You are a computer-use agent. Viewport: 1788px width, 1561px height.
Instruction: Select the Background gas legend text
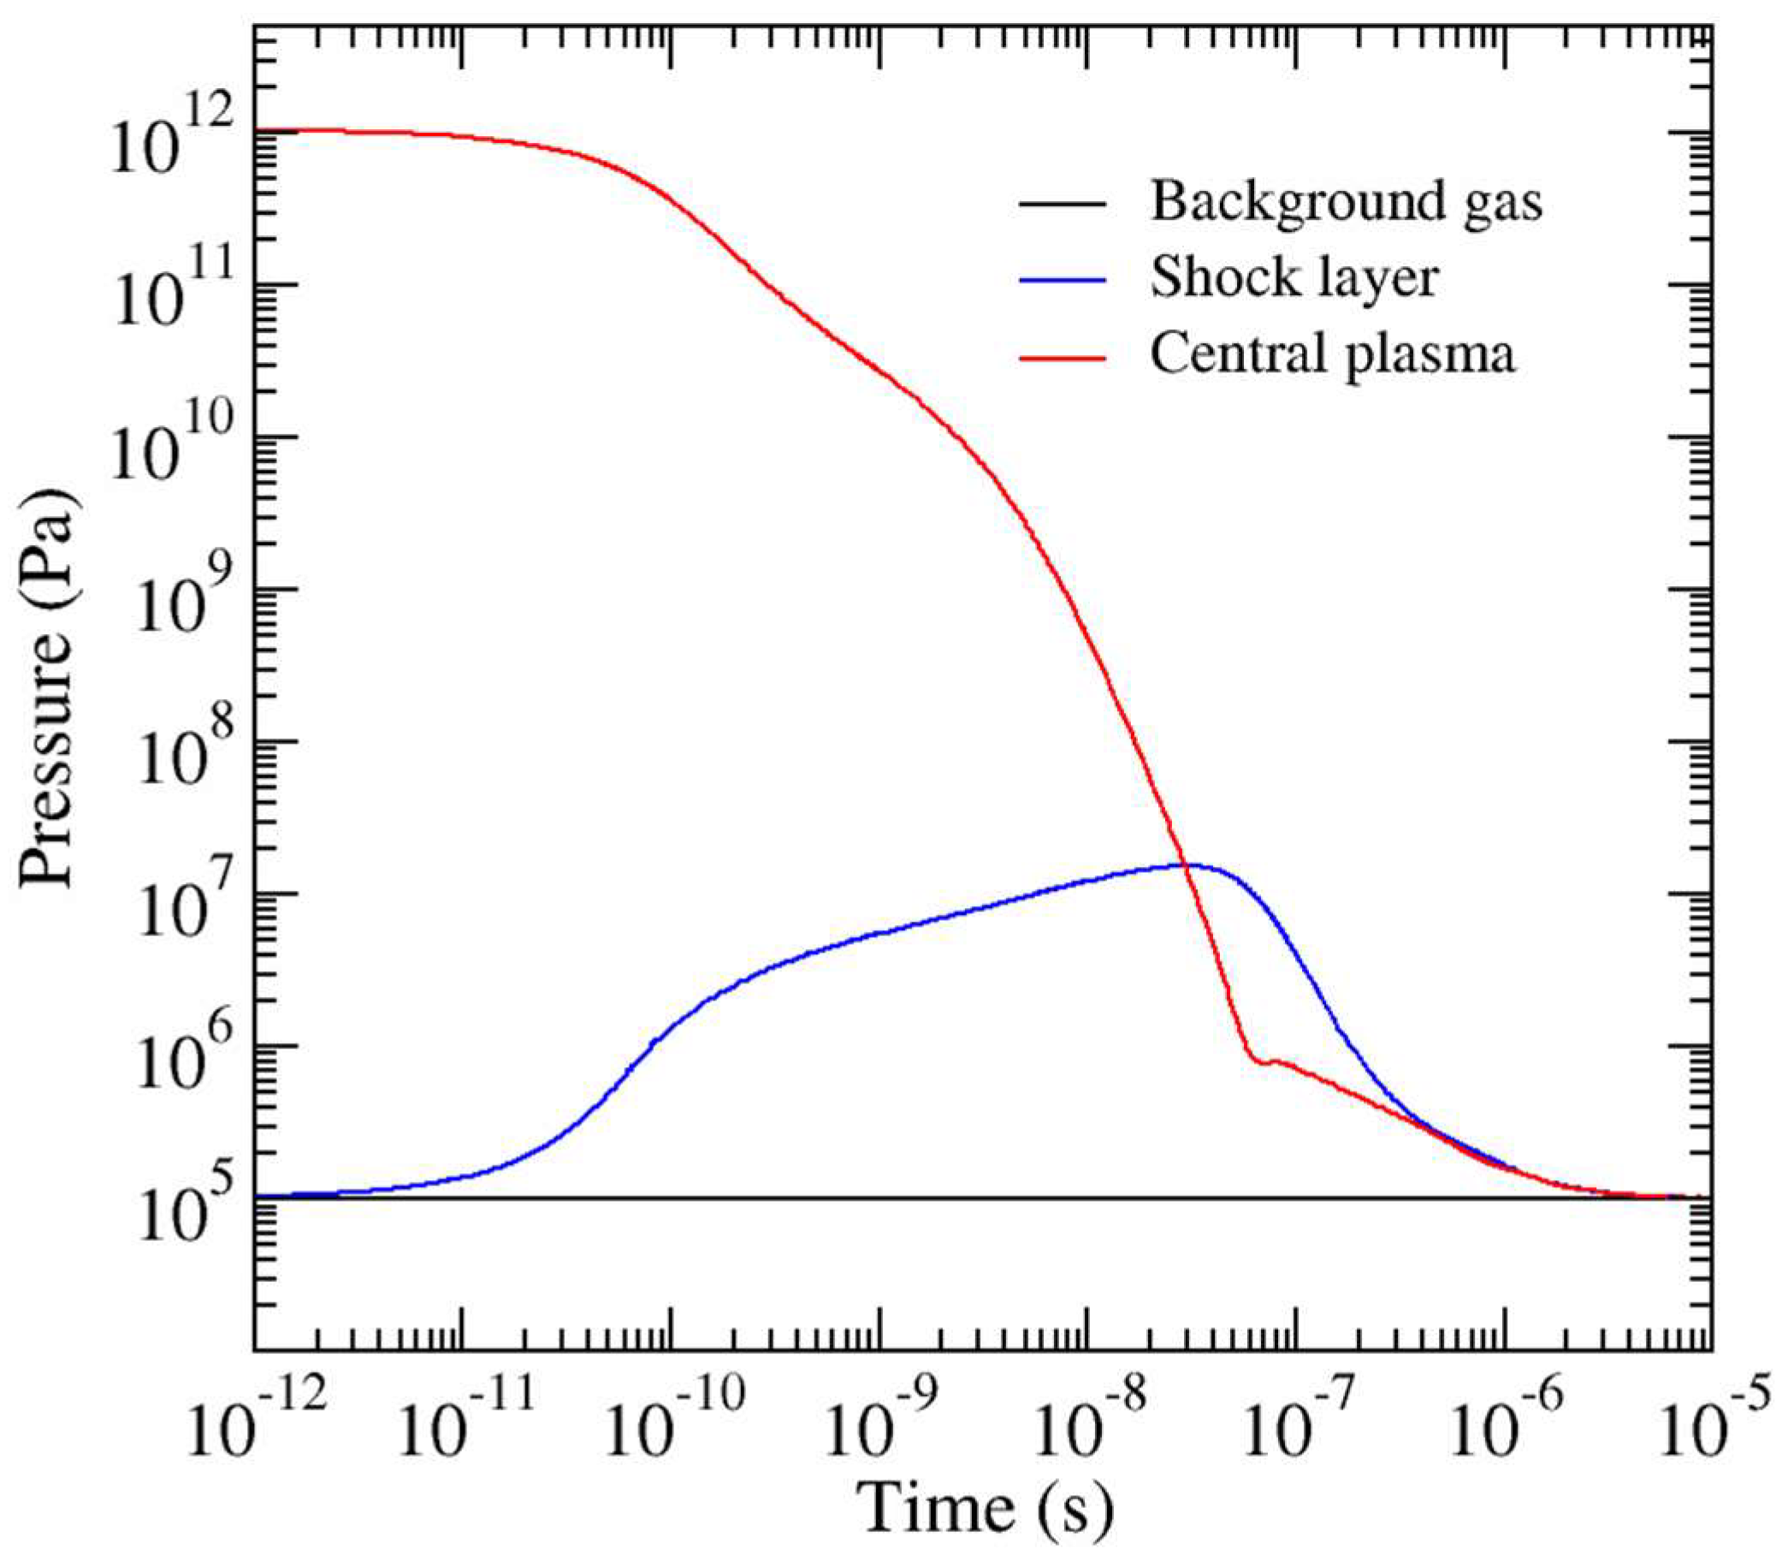tap(1347, 202)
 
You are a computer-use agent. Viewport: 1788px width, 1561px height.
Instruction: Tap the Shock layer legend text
tap(1294, 279)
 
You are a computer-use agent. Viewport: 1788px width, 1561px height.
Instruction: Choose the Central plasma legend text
tap(1333, 355)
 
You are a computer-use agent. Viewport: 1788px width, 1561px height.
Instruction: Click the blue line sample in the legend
tap(1063, 279)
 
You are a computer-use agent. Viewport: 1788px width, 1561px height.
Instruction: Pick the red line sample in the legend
tap(1063, 355)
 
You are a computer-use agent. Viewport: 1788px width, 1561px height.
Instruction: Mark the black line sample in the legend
tap(1063, 203)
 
